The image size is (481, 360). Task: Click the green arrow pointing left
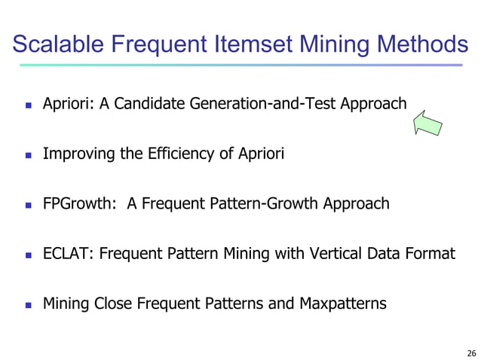(x=427, y=123)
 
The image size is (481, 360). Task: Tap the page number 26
(x=471, y=352)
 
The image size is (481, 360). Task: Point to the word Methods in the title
(x=425, y=44)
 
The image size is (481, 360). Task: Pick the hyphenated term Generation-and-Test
(x=260, y=104)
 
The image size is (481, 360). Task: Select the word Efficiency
(x=185, y=154)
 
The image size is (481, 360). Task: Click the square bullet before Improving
(x=29, y=156)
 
